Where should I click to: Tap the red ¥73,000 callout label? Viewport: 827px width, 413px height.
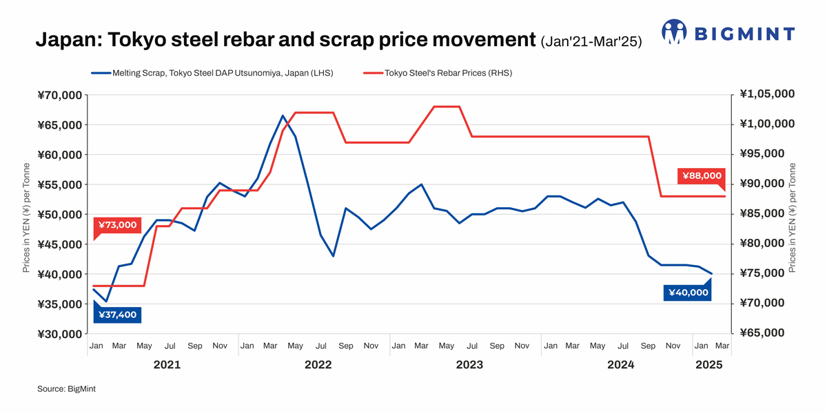(x=116, y=225)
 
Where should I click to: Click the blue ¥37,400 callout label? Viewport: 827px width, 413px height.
(x=116, y=315)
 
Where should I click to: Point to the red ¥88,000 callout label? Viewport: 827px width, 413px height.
(x=702, y=176)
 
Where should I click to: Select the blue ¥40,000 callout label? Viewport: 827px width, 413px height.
(x=687, y=293)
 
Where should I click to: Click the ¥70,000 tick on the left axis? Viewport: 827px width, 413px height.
(x=60, y=95)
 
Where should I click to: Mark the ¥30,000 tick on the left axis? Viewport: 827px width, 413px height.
(x=60, y=335)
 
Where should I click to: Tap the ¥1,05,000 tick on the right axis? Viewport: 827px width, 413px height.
(x=767, y=94)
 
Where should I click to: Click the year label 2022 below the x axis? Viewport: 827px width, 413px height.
(x=318, y=366)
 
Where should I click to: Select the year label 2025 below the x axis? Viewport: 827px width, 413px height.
(x=709, y=366)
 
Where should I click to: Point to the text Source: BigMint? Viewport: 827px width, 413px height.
(x=66, y=390)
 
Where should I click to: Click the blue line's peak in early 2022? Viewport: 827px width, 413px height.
(x=283, y=116)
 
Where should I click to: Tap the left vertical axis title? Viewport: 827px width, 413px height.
(x=26, y=217)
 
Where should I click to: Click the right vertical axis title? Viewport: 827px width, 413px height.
(x=792, y=217)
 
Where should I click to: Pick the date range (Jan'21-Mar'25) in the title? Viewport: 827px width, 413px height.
(x=591, y=42)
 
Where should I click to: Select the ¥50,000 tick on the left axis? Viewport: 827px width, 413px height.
(x=60, y=215)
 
